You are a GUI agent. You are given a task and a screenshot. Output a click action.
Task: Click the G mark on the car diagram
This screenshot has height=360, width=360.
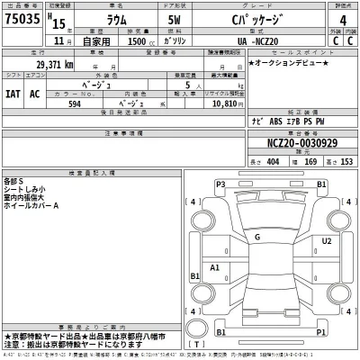257,237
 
